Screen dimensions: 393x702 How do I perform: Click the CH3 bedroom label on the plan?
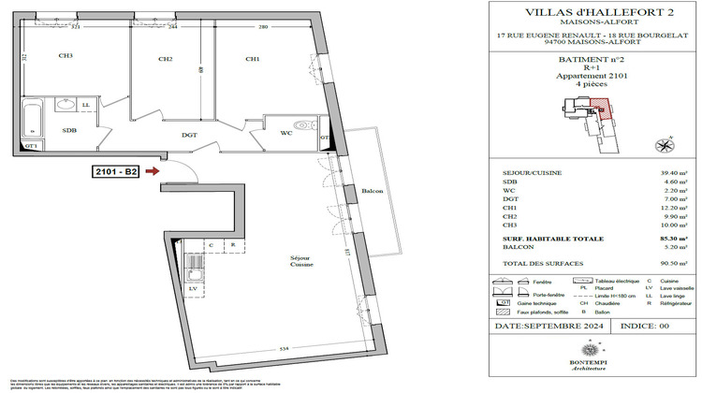pos(66,57)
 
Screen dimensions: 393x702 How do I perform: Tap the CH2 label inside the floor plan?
pos(166,59)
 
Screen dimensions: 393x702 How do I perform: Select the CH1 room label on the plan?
pos(252,59)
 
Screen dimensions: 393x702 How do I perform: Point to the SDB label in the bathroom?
pos(69,131)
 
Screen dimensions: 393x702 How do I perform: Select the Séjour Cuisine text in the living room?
pos(300,260)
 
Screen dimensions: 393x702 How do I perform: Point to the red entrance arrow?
pos(154,171)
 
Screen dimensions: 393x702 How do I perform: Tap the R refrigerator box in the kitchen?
pos(232,246)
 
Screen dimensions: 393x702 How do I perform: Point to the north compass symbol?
pos(665,145)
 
